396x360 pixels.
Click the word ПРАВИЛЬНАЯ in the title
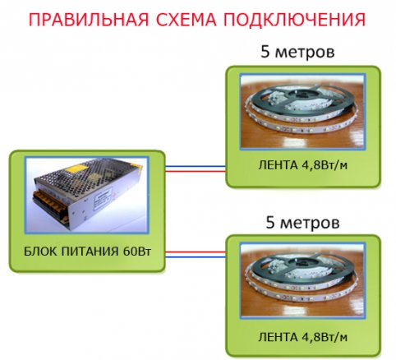tap(89, 20)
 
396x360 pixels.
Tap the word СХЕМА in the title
tap(186, 20)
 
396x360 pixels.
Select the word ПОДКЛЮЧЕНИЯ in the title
tap(295, 21)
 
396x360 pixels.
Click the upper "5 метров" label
tap(297, 52)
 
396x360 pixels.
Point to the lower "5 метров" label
tap(302, 223)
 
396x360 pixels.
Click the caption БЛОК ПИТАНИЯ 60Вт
tap(87, 252)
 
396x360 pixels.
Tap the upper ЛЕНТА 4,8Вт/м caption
tap(302, 165)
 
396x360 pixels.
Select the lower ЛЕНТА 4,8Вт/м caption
tap(302, 337)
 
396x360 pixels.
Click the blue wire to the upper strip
tap(196, 166)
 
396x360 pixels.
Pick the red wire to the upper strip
tap(196, 172)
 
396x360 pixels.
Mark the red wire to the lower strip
tap(196, 252)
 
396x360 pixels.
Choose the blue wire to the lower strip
tap(196, 257)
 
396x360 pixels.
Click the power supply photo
tap(87, 195)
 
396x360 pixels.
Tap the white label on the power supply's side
tap(103, 198)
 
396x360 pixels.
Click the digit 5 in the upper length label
tap(265, 52)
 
